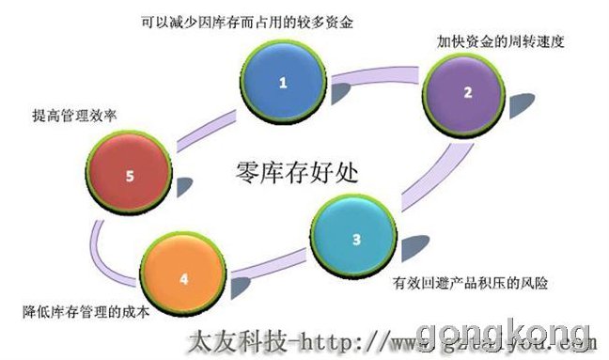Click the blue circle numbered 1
281,83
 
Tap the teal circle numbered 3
355,238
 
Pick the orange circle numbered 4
183,277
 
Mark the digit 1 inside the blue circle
281,83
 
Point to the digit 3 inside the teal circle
355,238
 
